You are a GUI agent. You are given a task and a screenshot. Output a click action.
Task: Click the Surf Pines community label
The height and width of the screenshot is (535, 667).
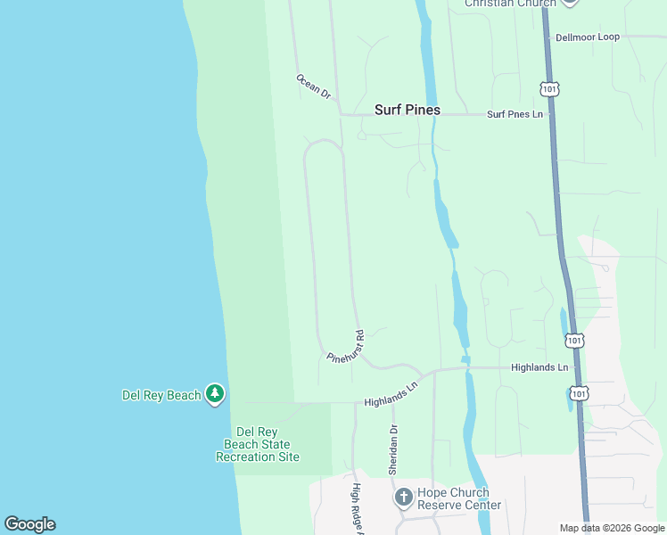tap(407, 110)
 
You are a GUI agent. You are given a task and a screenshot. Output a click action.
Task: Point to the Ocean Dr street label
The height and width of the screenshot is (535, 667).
tap(313, 86)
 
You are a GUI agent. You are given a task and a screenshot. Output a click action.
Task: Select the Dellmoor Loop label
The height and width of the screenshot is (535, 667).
tap(587, 37)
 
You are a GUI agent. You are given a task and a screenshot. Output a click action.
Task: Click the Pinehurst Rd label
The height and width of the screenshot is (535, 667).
tap(346, 347)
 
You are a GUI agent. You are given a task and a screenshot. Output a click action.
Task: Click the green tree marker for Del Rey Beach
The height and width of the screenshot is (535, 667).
tap(214, 393)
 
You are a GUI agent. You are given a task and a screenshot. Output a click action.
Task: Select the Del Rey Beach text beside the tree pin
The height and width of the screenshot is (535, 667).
tap(161, 395)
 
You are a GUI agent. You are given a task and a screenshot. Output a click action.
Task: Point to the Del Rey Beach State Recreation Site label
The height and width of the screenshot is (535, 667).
tap(258, 444)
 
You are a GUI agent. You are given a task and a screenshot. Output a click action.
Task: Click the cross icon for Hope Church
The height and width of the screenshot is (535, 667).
tap(403, 497)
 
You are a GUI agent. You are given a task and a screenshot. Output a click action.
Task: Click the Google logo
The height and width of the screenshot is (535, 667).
tap(29, 524)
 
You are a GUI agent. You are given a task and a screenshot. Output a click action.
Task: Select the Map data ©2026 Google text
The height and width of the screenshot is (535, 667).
tap(612, 528)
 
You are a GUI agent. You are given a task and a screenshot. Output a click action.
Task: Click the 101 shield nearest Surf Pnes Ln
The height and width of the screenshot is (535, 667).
tap(548, 86)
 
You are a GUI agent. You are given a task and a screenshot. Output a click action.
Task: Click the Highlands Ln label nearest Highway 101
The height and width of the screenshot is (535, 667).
tap(539, 367)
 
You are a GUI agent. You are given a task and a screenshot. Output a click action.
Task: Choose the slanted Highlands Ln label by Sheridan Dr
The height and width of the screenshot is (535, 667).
tap(391, 395)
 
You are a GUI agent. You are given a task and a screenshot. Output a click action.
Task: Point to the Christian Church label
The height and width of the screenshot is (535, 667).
tap(510, 4)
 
